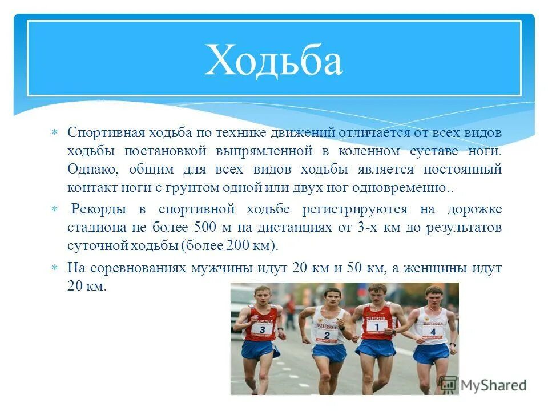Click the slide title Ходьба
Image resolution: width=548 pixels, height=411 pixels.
273,59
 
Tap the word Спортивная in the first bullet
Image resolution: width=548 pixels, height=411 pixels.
106,132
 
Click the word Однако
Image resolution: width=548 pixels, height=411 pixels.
91,169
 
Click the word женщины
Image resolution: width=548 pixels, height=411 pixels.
448,268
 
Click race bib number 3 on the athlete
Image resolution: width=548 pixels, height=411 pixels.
262,329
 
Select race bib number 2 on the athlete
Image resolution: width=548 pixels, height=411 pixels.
327,334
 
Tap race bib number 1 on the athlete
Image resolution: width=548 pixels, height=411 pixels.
377,326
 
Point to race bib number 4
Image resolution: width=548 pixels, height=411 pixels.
433,331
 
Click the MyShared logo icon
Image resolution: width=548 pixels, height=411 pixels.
449,384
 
